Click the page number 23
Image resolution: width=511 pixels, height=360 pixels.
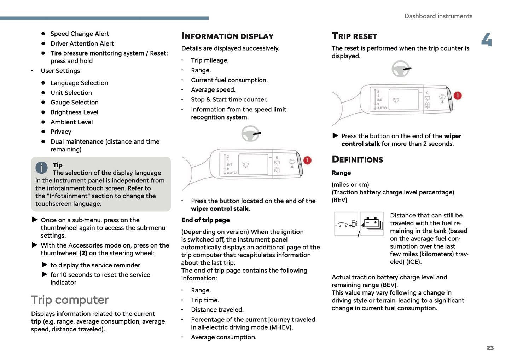coord(490,348)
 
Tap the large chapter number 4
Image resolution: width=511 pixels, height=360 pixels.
coord(487,40)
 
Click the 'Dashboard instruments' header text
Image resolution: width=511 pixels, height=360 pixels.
coord(438,16)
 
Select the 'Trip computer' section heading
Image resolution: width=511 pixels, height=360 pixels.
coord(70,300)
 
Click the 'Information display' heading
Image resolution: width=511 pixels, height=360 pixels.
coord(227,36)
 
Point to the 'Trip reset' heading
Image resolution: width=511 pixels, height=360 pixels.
coord(354,36)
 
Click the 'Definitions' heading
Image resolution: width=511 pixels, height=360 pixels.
coord(357,159)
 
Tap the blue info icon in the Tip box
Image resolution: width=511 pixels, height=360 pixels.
coord(41,168)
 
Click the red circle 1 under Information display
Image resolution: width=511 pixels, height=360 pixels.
coord(308,161)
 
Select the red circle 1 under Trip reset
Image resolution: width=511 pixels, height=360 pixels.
coord(458,95)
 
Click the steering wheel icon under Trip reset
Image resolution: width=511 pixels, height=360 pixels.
coord(401,69)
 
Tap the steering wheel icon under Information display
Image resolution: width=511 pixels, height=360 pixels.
coord(250,134)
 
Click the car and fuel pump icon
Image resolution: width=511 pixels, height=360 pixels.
coord(346,224)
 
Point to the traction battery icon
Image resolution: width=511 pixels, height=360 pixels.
coord(372,224)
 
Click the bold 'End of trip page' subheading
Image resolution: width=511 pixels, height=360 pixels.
coord(205,220)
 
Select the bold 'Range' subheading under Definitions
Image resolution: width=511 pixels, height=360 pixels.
coord(341,173)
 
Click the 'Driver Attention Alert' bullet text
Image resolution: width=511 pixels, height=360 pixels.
coord(82,43)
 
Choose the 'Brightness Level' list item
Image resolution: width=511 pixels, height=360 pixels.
coord(74,112)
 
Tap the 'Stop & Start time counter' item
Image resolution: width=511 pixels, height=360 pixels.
coord(229,100)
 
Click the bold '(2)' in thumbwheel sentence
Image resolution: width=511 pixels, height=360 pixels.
coord(83,253)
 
